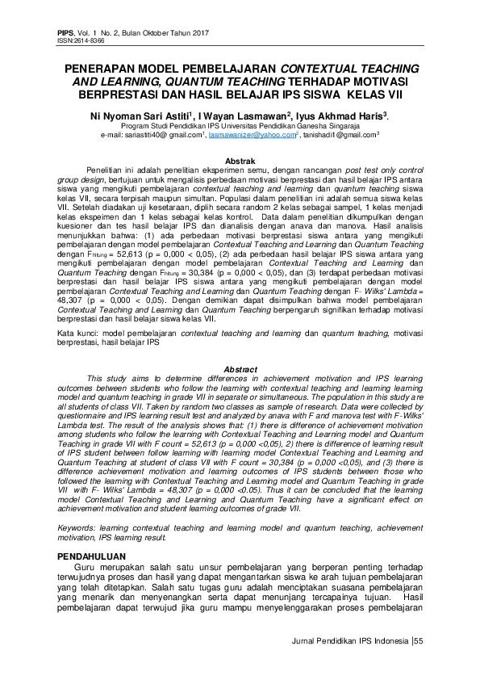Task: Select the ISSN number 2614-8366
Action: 87,39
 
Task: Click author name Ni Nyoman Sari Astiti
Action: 141,115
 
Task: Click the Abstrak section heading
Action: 240,162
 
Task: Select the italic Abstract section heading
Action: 240,368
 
